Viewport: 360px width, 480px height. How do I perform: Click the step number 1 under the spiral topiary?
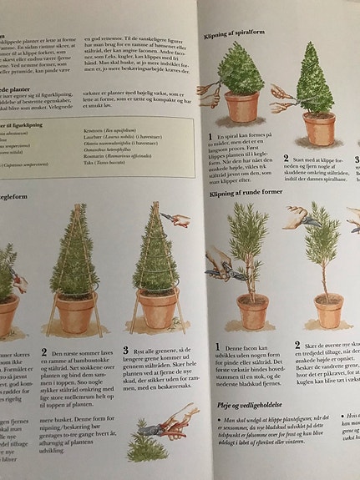point(219,135)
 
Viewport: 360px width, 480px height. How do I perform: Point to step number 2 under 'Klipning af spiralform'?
point(285,158)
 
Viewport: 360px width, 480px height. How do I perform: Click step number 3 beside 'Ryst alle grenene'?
point(126,351)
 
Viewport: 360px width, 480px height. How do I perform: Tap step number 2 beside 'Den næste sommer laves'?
point(44,352)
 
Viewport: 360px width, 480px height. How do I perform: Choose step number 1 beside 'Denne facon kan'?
point(218,346)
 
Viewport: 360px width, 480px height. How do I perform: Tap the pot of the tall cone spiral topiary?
point(319,126)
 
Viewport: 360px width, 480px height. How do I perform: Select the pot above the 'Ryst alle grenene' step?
point(157,308)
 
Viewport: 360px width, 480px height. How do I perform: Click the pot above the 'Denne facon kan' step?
point(251,311)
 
